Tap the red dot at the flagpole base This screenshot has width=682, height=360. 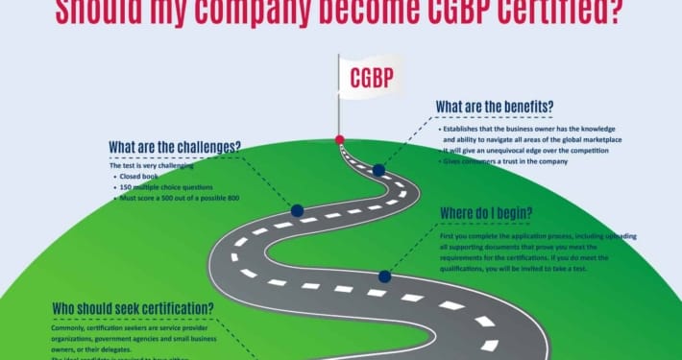[x=339, y=140]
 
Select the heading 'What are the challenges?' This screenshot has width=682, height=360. [x=174, y=147]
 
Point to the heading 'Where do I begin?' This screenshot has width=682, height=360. [x=486, y=211]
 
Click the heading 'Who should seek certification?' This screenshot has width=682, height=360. [x=134, y=308]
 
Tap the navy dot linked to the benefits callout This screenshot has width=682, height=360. [x=378, y=170]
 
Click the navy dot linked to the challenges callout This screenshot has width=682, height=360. [x=297, y=210]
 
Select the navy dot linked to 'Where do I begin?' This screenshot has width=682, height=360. [x=384, y=276]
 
